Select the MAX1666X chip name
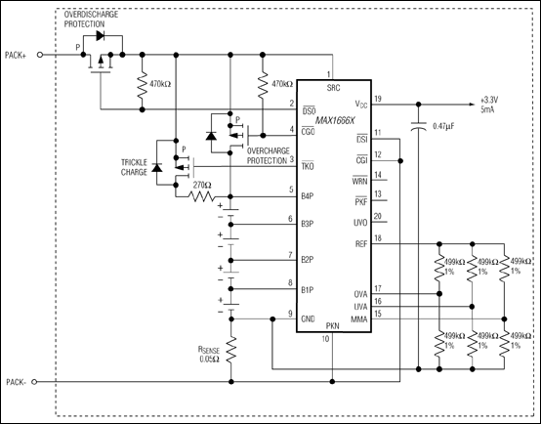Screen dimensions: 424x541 [x=331, y=202]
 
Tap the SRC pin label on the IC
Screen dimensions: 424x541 [x=332, y=88]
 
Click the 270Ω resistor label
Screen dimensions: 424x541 [x=202, y=184]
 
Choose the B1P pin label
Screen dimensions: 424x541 [x=308, y=290]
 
